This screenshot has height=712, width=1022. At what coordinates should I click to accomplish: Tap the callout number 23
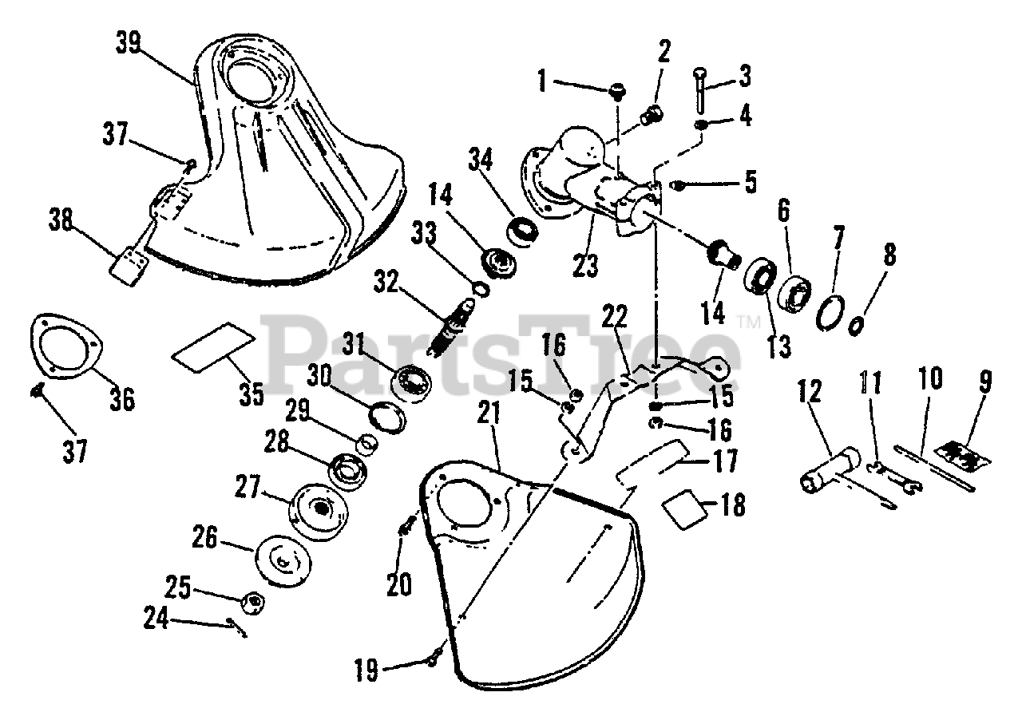586,266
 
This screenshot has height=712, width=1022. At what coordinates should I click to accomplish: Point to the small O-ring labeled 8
855,326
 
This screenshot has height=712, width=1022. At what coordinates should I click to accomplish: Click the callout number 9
984,383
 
